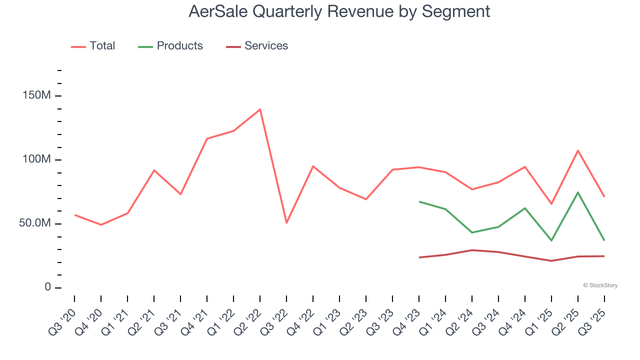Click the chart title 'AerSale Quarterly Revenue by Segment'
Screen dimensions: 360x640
(339, 11)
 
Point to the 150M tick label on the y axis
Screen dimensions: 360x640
(36, 95)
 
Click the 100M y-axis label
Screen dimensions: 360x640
(36, 159)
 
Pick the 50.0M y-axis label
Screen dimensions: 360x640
(35, 223)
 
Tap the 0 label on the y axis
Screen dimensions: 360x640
(48, 287)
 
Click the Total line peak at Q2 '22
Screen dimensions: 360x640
(260, 109)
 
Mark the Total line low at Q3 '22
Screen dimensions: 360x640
(286, 222)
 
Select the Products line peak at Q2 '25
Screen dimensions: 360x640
(578, 192)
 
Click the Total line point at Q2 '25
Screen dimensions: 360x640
(578, 150)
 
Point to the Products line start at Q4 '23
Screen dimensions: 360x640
(419, 201)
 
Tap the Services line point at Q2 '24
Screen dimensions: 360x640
(472, 250)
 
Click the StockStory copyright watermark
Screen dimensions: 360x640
(600, 285)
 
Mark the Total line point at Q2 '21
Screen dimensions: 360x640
(154, 170)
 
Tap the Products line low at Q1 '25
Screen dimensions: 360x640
(551, 240)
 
